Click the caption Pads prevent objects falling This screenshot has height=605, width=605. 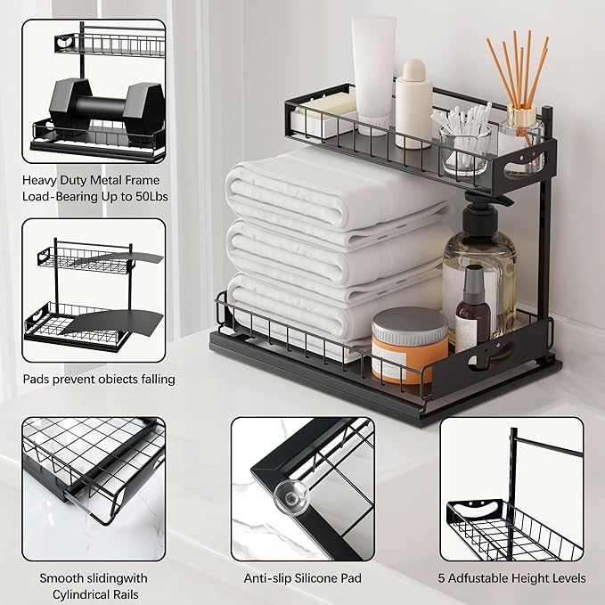(x=99, y=379)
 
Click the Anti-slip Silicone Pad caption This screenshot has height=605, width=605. (x=303, y=578)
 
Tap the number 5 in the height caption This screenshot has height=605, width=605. (x=441, y=578)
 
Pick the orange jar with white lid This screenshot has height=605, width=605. (x=409, y=343)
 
